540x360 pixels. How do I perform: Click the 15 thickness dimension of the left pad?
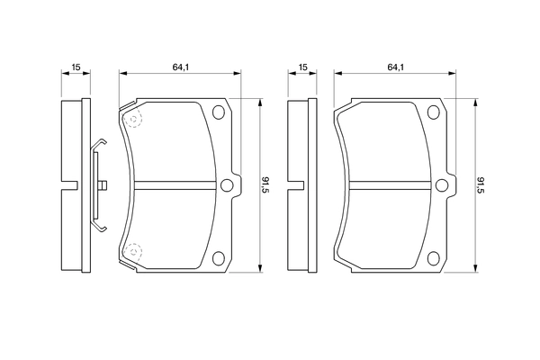(77, 67)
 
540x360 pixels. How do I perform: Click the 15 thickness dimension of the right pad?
(303, 67)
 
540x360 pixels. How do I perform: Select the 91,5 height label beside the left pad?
(265, 185)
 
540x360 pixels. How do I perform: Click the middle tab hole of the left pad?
(227, 185)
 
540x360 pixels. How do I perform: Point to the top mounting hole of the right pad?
(432, 113)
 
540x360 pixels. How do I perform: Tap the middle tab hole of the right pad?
(441, 185)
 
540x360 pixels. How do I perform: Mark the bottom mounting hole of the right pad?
(432, 256)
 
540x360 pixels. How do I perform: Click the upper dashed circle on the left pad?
(132, 119)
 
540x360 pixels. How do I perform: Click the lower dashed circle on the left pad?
(132, 251)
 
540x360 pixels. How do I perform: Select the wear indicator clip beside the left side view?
(98, 185)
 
